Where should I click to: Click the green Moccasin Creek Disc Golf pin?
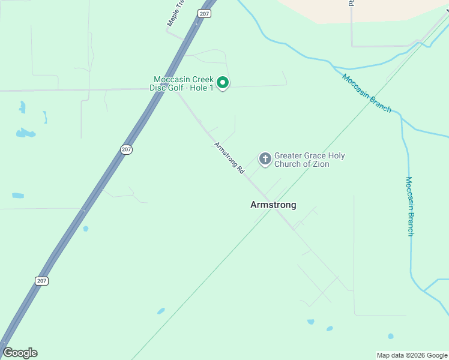coord(223,83)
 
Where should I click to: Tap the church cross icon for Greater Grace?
coord(265,159)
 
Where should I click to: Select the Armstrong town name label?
coord(273,205)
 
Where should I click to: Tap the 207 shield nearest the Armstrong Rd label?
coord(125,149)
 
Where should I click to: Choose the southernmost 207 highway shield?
coord(41,281)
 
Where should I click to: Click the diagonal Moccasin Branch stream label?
coord(367,93)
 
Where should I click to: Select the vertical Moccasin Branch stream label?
coord(410,206)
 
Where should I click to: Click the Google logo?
coord(20,353)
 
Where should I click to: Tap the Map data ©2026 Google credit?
coord(412,355)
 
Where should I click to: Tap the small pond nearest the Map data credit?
coord(391,336)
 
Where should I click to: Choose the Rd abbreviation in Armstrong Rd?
coord(241,170)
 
